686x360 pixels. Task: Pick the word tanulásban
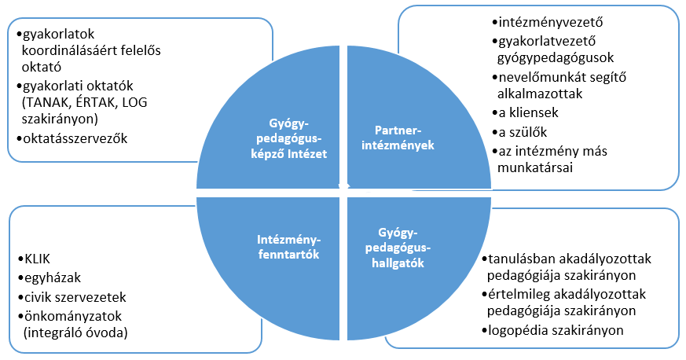pos(523,259)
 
